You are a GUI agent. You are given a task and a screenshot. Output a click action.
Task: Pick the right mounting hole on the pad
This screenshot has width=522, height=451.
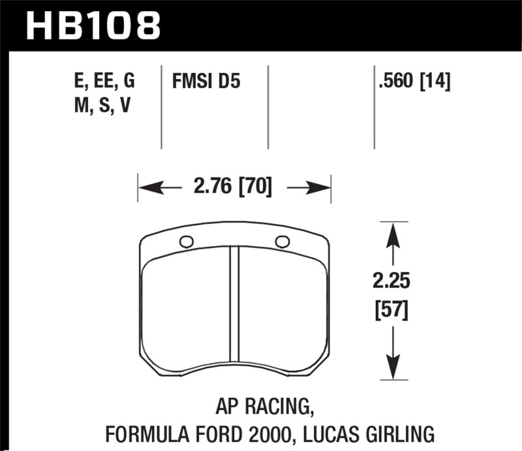[x=282, y=241]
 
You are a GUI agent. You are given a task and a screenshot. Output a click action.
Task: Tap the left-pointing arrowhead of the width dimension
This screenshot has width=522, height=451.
[x=147, y=189]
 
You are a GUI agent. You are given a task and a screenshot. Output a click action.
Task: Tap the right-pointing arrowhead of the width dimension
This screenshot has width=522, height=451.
[x=322, y=189]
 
